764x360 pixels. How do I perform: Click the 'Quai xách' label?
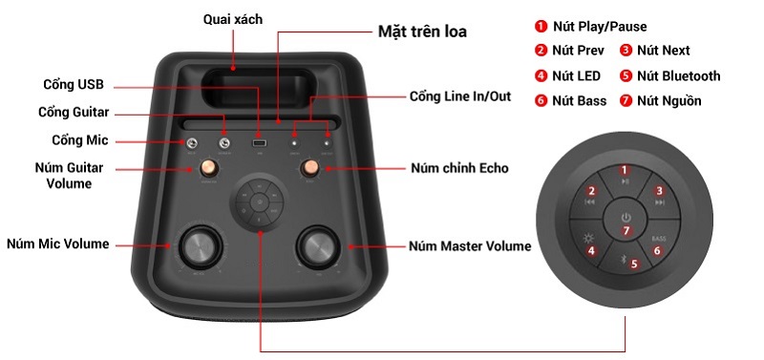pyautogui.click(x=233, y=19)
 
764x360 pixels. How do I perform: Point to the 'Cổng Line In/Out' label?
pyautogui.click(x=461, y=96)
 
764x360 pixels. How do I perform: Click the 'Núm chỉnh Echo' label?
pyautogui.click(x=460, y=168)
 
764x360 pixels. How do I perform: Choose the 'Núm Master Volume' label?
pyautogui.click(x=470, y=246)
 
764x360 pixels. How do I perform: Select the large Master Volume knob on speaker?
pyautogui.click(x=318, y=247)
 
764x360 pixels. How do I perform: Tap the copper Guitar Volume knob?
pyautogui.click(x=207, y=169)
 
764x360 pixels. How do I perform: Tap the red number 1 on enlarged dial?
pyautogui.click(x=626, y=172)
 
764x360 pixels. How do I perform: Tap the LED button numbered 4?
pyautogui.click(x=591, y=251)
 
